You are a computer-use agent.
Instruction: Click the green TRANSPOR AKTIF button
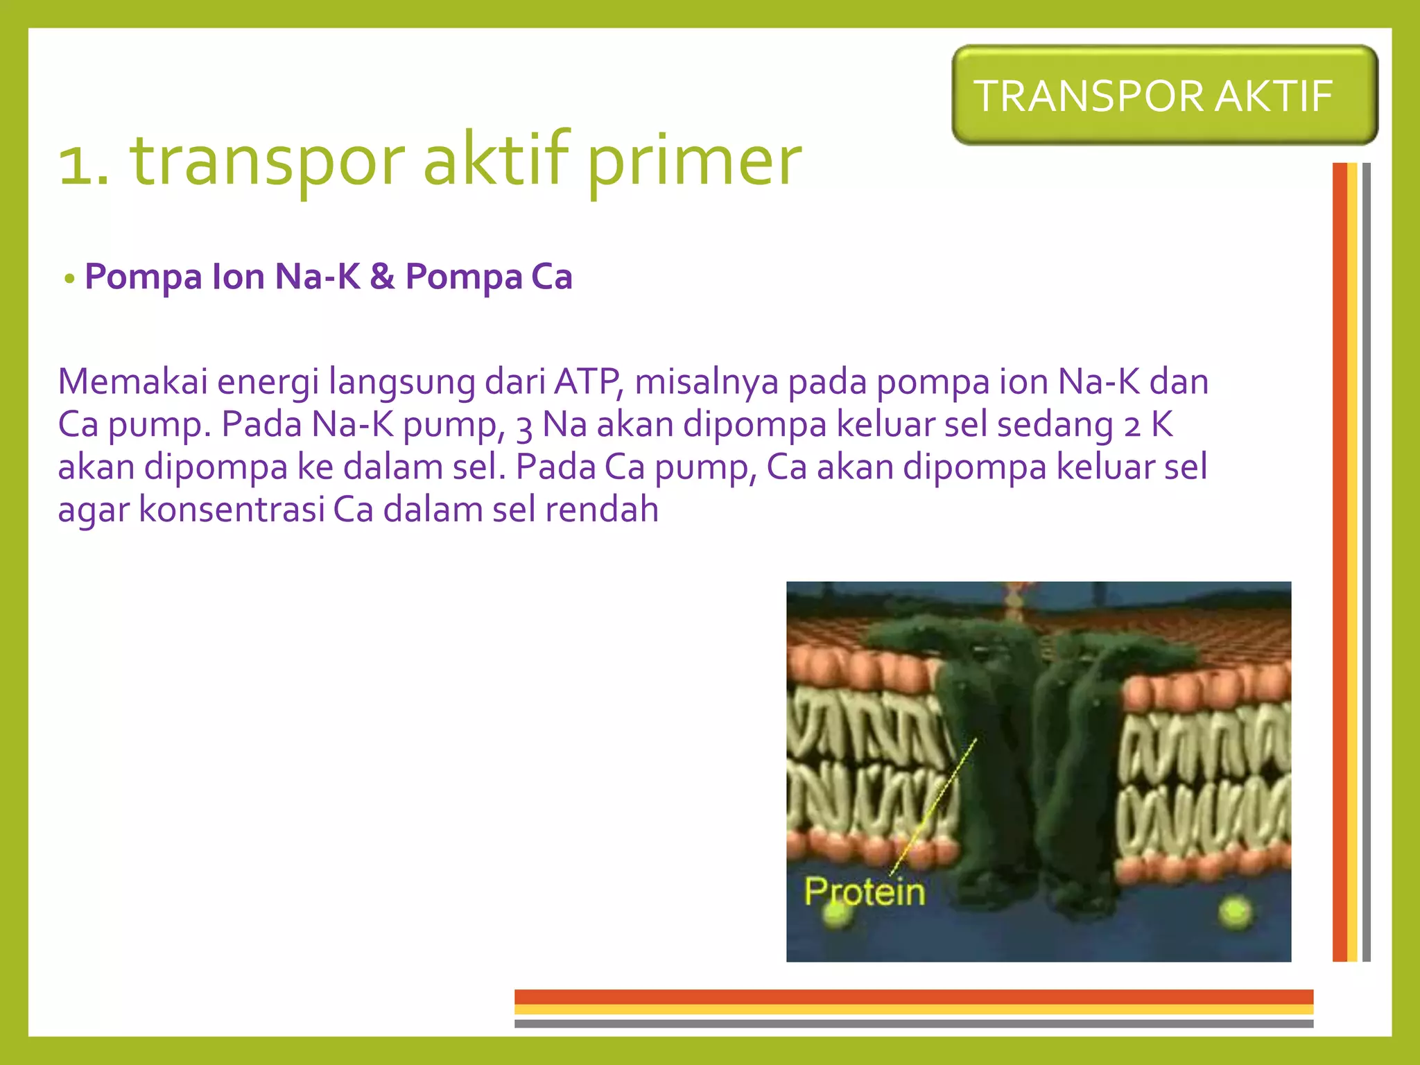pos(1164,96)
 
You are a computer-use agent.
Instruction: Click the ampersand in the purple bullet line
pos(382,276)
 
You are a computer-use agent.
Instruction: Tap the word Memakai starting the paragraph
pos(132,381)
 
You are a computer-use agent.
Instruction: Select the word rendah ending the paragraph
pos(601,509)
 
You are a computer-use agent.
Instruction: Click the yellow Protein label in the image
pos(865,892)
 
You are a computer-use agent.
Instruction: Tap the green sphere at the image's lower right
pos(1235,912)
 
